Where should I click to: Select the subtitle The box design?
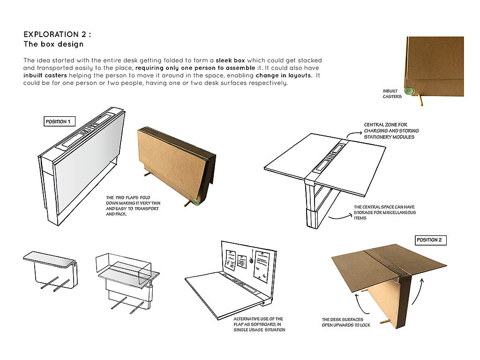(53, 45)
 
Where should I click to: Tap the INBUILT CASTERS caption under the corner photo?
(392, 94)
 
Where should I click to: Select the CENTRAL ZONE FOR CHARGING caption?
(391, 131)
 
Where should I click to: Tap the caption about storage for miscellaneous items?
(384, 212)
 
